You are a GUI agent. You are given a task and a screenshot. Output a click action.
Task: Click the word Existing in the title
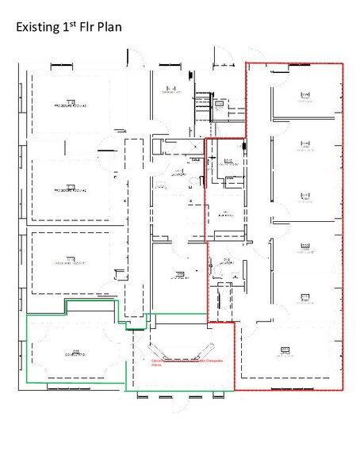point(38,28)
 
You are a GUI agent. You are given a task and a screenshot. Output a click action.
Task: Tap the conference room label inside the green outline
point(72,351)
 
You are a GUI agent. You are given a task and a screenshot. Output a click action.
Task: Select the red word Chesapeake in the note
point(208,359)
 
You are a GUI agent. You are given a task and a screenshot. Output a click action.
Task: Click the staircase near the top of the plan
point(203,103)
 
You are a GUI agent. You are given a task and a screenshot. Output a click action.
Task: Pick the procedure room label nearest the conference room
point(70,262)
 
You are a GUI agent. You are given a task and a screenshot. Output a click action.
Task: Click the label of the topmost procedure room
point(70,104)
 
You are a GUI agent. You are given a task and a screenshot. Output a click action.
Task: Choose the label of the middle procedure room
point(70,190)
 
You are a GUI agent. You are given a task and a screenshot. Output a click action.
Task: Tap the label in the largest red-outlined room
point(284,349)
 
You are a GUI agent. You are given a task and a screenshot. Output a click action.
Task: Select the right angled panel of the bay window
point(212,349)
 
